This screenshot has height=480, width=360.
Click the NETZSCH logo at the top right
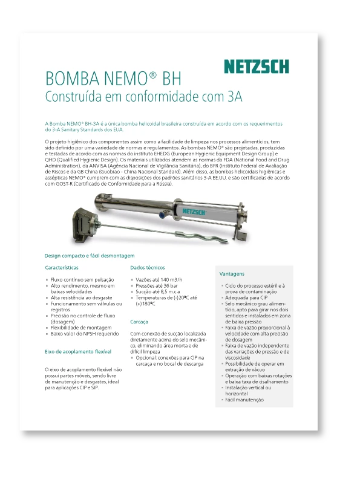[x=256, y=66]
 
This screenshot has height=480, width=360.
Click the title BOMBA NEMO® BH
[x=113, y=79]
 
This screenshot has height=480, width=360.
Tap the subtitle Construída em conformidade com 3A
[x=144, y=96]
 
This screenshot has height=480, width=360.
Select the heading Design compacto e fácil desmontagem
[x=90, y=256]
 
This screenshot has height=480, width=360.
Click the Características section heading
[x=62, y=267]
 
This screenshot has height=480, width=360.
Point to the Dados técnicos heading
[x=148, y=267]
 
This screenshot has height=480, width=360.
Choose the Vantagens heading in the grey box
[x=232, y=274]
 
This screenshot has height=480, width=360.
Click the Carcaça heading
[x=139, y=322]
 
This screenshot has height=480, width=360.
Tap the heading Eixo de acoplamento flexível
[x=78, y=351]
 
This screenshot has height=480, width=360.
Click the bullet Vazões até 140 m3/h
[x=159, y=280]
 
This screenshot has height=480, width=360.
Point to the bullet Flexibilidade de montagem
[x=81, y=327]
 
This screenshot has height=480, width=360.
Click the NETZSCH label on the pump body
[x=193, y=212]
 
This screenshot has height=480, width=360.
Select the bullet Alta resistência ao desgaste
[x=82, y=297]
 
